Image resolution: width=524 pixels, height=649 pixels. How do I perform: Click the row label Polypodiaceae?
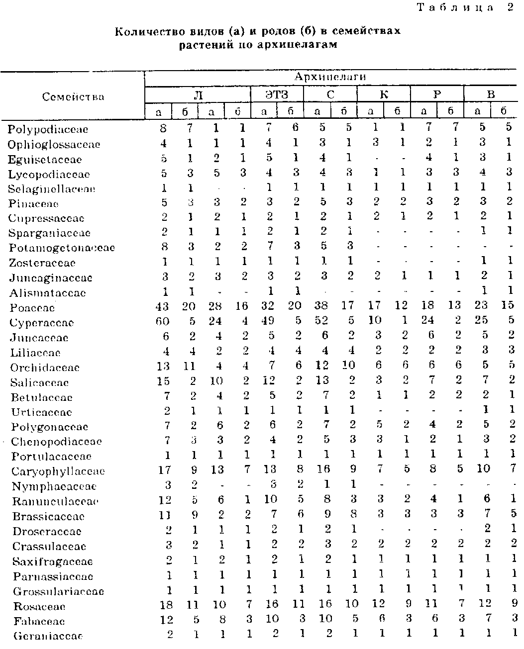[x=48, y=129]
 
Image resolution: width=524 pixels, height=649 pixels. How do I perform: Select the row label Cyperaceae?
[x=42, y=323]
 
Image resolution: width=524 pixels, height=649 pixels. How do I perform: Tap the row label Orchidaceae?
[x=45, y=368]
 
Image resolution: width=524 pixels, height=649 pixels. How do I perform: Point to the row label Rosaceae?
[x=40, y=607]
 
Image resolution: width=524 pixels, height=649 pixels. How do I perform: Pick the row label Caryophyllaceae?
[x=58, y=471]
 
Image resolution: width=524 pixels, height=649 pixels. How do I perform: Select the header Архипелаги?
[x=330, y=77]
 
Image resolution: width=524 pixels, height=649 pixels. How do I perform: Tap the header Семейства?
[x=73, y=96]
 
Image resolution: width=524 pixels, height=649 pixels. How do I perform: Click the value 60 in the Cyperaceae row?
[x=162, y=322]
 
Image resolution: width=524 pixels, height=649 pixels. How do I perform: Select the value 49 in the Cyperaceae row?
[x=268, y=322]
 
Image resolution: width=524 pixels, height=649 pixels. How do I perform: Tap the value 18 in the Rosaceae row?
[x=166, y=605]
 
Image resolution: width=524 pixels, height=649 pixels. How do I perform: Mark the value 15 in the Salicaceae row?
[x=163, y=381]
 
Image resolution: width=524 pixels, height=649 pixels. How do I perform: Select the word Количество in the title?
[x=144, y=32]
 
